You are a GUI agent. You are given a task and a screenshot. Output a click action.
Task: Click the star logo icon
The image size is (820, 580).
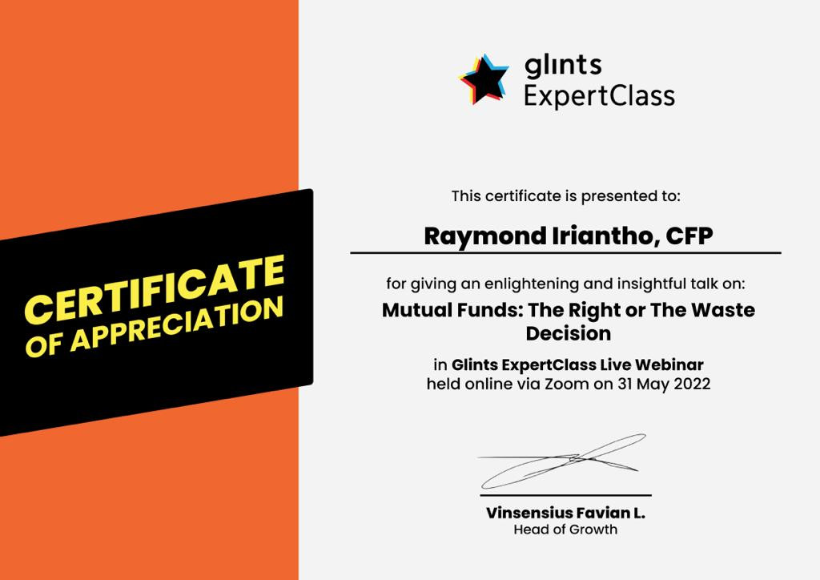(x=484, y=79)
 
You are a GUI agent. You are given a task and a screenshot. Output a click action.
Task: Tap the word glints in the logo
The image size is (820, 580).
(x=563, y=66)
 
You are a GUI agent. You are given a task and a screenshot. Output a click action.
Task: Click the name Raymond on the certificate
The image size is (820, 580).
(x=485, y=236)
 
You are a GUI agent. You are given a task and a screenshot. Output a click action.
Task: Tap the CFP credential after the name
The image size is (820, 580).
(x=689, y=236)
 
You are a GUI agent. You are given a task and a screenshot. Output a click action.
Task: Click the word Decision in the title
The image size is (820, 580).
(x=569, y=334)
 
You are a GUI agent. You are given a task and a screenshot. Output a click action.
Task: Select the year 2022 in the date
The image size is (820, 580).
(x=692, y=384)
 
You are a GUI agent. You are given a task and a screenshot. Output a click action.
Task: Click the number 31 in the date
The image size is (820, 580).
(x=625, y=384)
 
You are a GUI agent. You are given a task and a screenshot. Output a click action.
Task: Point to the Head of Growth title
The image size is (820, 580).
(x=565, y=530)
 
